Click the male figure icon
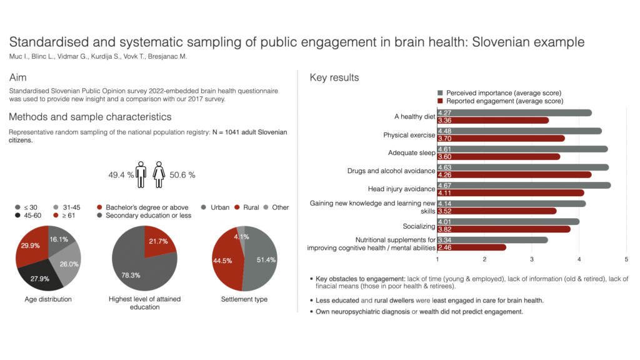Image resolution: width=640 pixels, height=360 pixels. point(141,175)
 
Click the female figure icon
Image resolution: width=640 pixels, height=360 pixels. point(159,175)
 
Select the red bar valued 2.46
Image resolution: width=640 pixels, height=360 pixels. point(471,247)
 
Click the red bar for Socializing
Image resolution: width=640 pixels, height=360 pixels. point(503,229)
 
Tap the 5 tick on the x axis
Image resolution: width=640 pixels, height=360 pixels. point(626,259)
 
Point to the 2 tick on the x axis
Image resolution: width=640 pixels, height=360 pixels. point(484,259)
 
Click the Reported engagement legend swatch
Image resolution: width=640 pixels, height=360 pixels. point(441,101)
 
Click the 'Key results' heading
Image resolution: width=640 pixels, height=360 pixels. point(334,77)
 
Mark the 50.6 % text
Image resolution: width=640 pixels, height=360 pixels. point(182,175)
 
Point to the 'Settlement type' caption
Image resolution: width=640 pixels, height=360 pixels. point(244,299)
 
